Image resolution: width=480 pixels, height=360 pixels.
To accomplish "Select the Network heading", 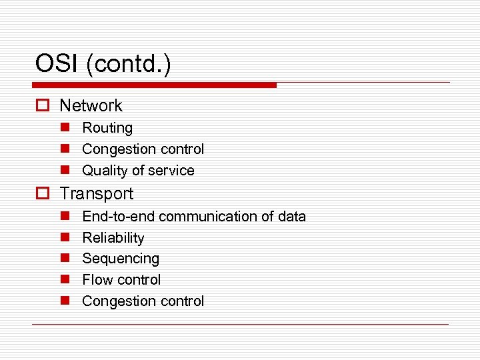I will click(91, 105).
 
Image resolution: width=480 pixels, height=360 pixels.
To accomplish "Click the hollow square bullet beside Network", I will click(43, 106).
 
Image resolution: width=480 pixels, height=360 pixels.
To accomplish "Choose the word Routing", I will click(107, 127).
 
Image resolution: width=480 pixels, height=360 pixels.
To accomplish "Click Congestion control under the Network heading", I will click(143, 149).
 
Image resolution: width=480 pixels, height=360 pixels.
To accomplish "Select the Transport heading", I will click(97, 194).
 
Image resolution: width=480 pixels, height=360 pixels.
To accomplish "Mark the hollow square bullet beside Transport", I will click(43, 194).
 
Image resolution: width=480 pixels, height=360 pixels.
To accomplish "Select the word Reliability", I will click(113, 238).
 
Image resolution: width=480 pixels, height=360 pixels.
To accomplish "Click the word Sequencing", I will click(121, 259).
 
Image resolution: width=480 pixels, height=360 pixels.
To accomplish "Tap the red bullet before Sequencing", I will click(65, 259).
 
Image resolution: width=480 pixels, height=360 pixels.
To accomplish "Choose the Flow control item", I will click(121, 280).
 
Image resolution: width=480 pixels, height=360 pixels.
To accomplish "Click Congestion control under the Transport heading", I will click(143, 301).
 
